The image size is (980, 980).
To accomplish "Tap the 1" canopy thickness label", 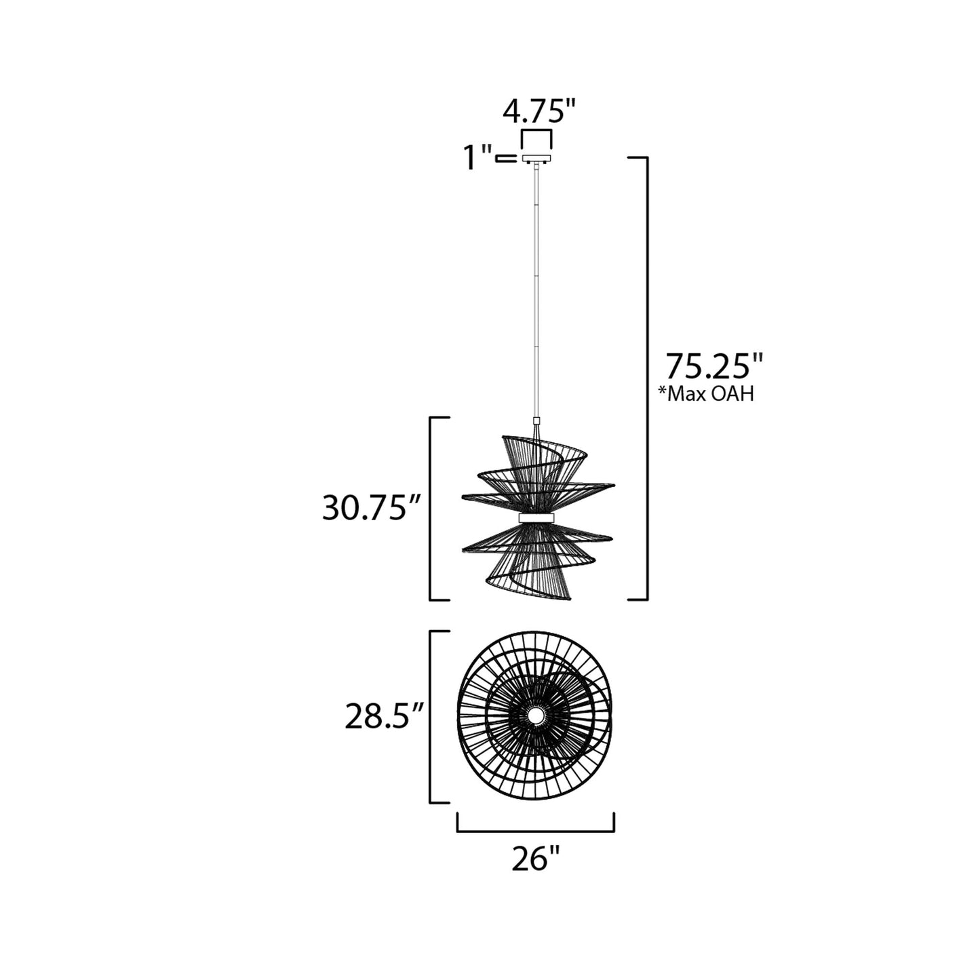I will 477,159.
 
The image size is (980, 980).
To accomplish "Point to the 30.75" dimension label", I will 371,508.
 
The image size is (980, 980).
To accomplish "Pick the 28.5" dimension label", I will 384,718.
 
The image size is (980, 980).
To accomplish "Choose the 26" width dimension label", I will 535,860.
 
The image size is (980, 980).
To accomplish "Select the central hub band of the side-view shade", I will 536,518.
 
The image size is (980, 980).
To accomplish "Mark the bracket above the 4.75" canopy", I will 536,131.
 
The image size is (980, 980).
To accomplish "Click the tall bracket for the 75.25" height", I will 647,378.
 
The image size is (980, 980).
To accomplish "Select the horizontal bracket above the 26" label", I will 536,829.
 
